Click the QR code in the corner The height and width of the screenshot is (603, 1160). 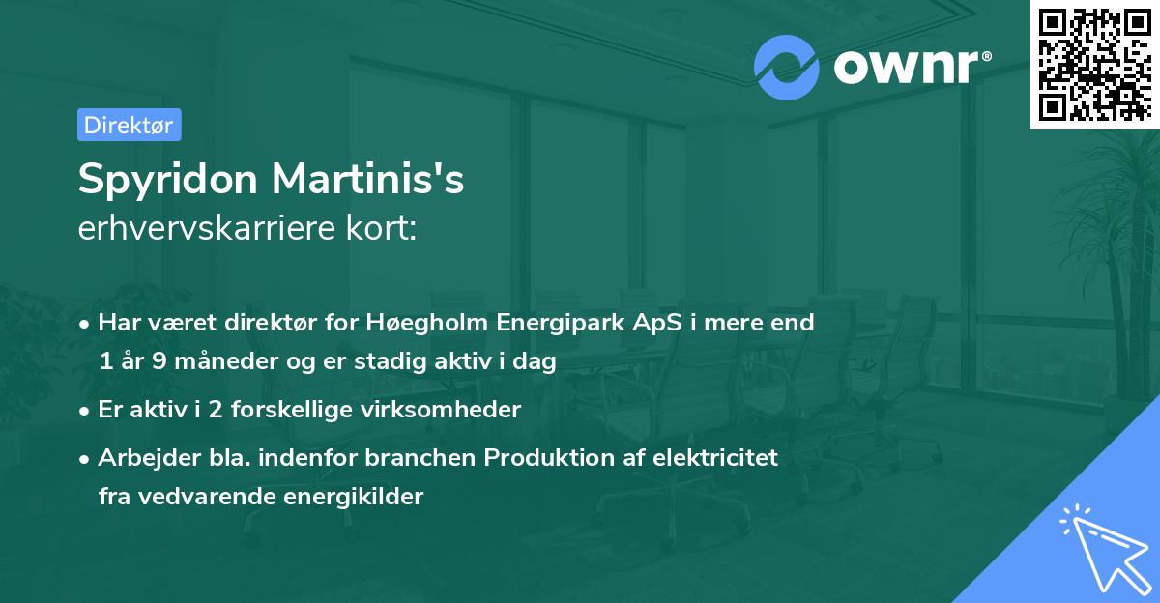point(1095,65)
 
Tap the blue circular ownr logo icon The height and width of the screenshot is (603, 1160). point(787,68)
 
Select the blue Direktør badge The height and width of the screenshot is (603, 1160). point(129,125)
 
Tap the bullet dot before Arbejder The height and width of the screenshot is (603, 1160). point(86,458)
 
